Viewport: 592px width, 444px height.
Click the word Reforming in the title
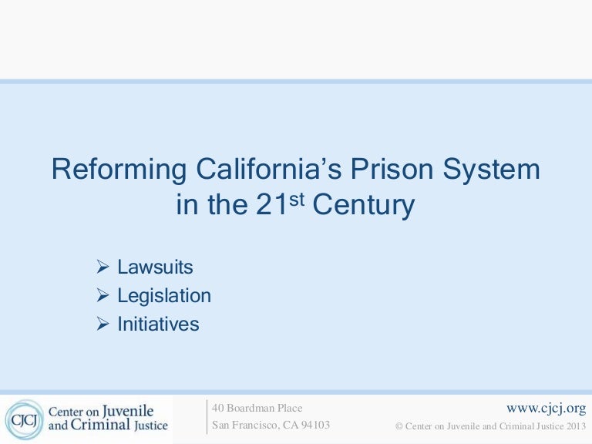tap(119, 170)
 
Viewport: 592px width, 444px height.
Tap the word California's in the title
tap(269, 168)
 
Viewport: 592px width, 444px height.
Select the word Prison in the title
tap(392, 168)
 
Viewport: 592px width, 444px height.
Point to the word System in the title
tap(491, 170)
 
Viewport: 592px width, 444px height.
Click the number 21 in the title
tap(272, 204)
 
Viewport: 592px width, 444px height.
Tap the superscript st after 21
tap(297, 199)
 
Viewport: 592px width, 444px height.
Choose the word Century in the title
tap(364, 205)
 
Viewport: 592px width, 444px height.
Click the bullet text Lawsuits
tap(155, 267)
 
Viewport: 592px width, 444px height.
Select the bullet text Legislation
tap(164, 296)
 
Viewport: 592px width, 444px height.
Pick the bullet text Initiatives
tap(158, 324)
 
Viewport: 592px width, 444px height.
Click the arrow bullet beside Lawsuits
tap(103, 267)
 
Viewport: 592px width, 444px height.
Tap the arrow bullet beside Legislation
tap(103, 295)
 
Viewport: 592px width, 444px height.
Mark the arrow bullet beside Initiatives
tap(103, 324)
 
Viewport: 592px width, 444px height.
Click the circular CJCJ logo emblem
tap(25, 419)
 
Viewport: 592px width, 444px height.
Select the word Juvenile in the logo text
tap(128, 411)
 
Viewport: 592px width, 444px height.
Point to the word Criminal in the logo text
tap(100, 425)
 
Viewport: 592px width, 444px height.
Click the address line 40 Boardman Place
tap(257, 408)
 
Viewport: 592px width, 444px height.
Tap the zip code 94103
tap(315, 425)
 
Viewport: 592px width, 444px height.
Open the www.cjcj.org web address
tap(547, 409)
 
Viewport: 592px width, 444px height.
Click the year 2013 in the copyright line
tap(576, 426)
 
